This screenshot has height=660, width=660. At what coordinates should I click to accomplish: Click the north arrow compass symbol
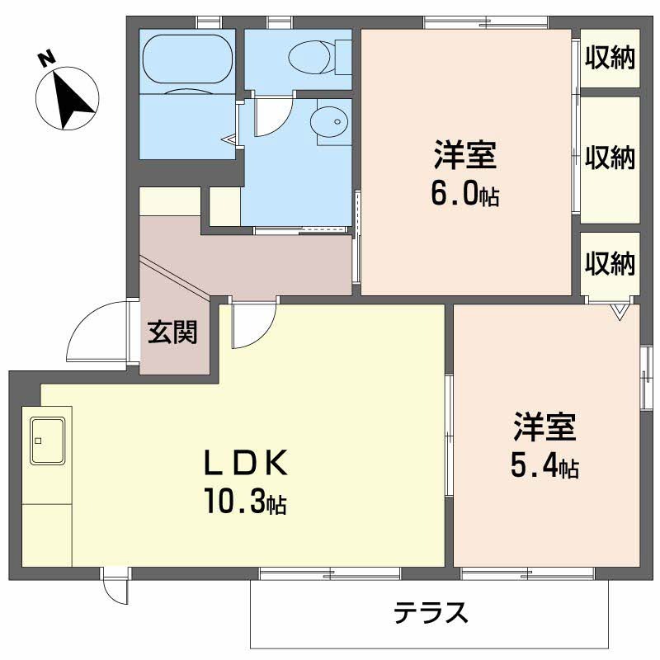(68, 98)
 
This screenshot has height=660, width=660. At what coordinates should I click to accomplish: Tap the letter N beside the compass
(47, 58)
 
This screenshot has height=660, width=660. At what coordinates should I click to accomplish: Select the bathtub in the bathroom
(188, 59)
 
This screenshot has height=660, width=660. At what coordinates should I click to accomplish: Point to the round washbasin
(329, 121)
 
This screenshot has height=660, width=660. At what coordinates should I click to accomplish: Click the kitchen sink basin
(48, 441)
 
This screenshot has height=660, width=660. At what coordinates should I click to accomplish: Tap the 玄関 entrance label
(172, 332)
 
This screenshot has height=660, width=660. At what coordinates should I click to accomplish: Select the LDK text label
(246, 462)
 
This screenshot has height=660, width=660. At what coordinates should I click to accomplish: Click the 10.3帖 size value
(246, 501)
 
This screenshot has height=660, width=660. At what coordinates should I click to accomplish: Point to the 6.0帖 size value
(465, 194)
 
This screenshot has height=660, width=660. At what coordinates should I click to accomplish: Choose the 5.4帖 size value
(544, 466)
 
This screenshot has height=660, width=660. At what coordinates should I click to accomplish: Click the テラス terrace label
(431, 612)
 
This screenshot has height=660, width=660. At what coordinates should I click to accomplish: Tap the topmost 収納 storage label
(610, 57)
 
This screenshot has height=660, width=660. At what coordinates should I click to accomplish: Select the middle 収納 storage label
(610, 158)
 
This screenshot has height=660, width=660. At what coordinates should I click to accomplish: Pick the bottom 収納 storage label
(610, 264)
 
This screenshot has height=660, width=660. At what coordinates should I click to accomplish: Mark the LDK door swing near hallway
(264, 334)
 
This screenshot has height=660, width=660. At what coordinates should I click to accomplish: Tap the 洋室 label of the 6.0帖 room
(465, 155)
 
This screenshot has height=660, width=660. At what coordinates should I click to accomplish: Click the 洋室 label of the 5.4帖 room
(544, 427)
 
